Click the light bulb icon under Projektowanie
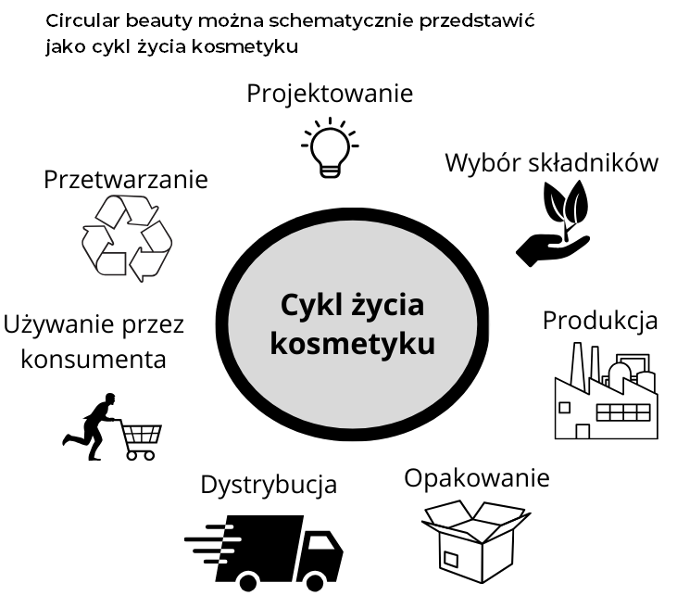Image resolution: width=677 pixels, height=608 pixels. click(x=329, y=146)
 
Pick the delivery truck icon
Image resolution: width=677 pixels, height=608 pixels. click(x=269, y=551)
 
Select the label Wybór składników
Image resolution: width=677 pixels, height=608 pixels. click(x=551, y=163)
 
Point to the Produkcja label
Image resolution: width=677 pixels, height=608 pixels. click(x=600, y=321)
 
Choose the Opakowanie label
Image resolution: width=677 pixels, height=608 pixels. click(x=477, y=478)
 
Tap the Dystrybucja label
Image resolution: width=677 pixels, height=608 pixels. click(x=269, y=485)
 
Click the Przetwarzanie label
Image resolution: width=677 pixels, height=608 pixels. click(x=126, y=179)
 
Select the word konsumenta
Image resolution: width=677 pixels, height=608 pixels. click(x=94, y=359)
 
